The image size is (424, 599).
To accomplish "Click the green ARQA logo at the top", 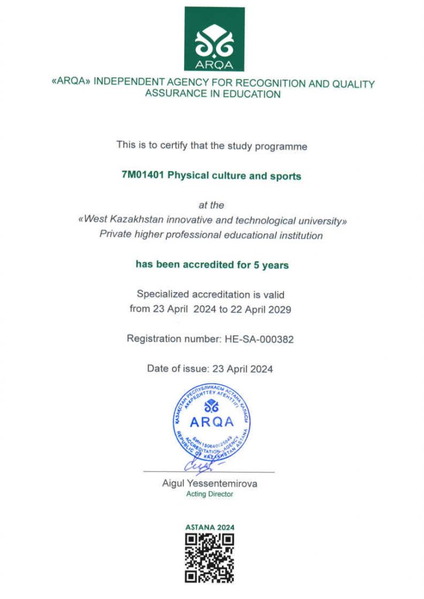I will (214, 39).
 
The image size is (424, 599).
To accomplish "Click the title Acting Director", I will (210, 494).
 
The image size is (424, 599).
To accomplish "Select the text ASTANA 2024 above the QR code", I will (210, 527).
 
